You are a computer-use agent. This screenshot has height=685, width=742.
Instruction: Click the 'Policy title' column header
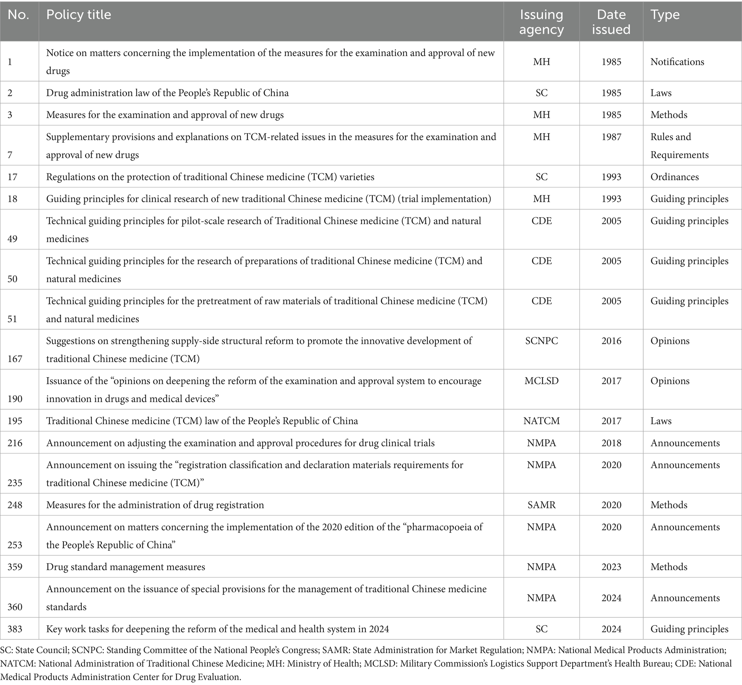(79, 15)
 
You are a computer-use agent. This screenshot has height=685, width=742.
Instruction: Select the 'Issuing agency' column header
(541, 22)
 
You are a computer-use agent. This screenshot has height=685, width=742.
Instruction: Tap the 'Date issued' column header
(611, 22)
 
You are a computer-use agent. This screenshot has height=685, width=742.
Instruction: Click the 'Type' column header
(665, 15)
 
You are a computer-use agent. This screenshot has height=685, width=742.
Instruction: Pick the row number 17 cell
(13, 177)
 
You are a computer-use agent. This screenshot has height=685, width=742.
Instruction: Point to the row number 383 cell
(15, 629)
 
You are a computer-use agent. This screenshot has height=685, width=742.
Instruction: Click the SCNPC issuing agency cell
(541, 341)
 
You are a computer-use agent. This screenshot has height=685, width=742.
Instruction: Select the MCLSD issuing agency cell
(541, 381)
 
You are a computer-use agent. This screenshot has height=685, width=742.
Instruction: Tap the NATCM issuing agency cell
(541, 421)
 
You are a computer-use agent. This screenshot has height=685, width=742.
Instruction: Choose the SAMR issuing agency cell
(541, 505)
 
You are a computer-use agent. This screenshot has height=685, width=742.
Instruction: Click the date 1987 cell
(611, 137)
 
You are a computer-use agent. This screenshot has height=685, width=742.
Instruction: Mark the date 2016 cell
(611, 341)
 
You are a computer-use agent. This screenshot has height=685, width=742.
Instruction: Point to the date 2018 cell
(611, 443)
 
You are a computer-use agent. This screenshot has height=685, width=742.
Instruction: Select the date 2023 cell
(611, 567)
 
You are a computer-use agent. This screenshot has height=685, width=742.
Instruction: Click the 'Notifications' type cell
(677, 61)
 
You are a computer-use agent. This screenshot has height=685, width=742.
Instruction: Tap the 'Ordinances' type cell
(675, 177)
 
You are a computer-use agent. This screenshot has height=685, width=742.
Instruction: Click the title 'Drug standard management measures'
(125, 567)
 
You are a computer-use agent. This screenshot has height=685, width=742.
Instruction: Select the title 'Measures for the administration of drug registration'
(155, 505)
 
